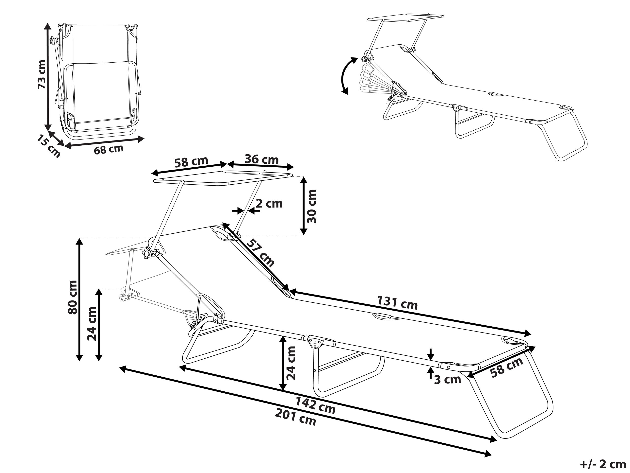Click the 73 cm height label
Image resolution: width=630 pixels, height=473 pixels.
pos(42,75)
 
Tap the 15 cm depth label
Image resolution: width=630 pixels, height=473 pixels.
pos(48,146)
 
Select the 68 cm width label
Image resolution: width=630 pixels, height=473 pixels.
pos(109,149)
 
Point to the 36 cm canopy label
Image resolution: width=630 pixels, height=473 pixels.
pos(261,159)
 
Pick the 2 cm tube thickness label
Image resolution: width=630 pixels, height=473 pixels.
pos(269,204)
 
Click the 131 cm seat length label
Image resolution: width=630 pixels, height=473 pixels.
pos(397,302)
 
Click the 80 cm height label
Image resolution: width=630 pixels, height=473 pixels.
pos(73,297)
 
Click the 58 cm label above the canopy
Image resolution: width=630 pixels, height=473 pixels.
pos(191,162)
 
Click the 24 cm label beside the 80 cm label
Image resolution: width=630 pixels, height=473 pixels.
pos(92,324)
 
